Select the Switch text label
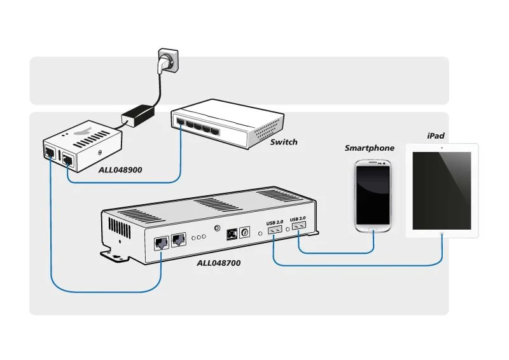pyautogui.click(x=283, y=142)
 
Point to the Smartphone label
pyautogui.click(x=369, y=148)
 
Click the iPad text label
pyautogui.click(x=435, y=136)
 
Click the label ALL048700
pyautogui.click(x=218, y=262)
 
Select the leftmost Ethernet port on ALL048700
pyautogui.click(x=162, y=242)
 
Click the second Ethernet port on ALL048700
pyautogui.click(x=179, y=239)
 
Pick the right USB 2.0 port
pyautogui.click(x=297, y=226)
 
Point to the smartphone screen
pyautogui.click(x=373, y=191)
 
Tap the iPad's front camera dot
pyautogui.click(x=441, y=148)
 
